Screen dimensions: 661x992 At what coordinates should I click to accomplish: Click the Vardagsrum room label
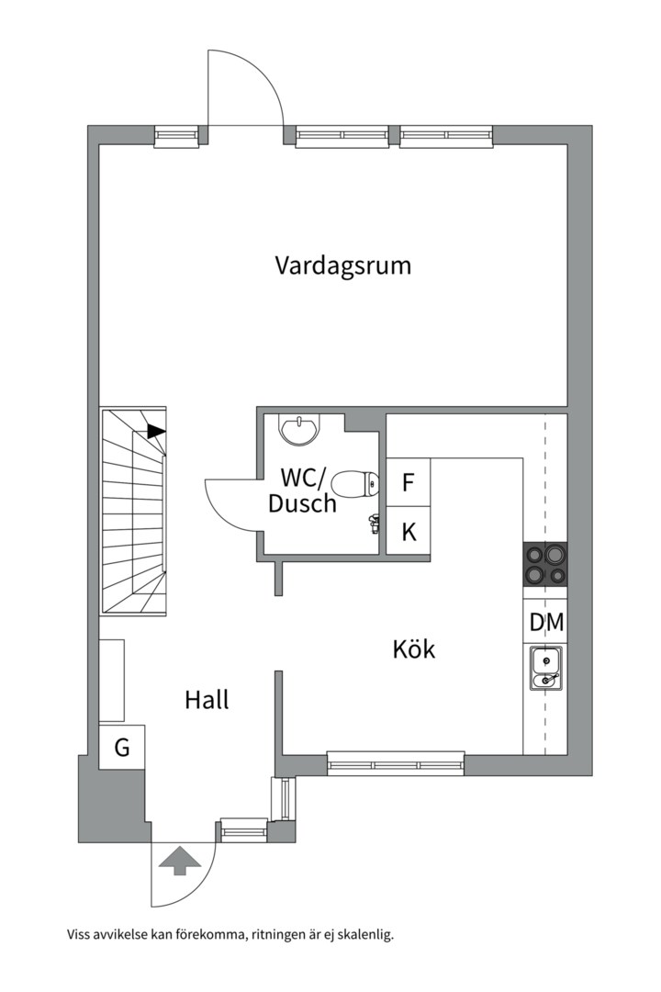coord(342,265)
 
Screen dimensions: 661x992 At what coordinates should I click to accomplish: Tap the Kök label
coord(414,649)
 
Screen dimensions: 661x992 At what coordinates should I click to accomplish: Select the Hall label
coord(207,700)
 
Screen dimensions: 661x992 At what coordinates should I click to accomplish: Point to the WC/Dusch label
coord(302,490)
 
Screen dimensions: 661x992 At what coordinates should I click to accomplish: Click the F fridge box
coord(408,482)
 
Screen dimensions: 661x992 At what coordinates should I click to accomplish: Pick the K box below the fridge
coord(408,532)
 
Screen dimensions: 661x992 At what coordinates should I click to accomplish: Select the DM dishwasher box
coord(546,623)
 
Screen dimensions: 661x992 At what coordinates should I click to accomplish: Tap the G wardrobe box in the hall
coord(122,747)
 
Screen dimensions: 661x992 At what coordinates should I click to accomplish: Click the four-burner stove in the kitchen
coord(544,564)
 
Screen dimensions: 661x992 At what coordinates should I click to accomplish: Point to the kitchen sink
coord(545,669)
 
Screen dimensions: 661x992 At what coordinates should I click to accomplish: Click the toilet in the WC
coord(355,485)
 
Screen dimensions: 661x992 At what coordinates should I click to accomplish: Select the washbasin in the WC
coord(300,430)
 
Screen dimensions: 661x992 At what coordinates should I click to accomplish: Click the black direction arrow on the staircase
coord(156,431)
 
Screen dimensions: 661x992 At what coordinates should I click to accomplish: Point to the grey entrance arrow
coord(180,860)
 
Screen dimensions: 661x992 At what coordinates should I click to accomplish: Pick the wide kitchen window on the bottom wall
coord(396,763)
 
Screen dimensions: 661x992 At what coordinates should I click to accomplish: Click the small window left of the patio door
coord(177,137)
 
